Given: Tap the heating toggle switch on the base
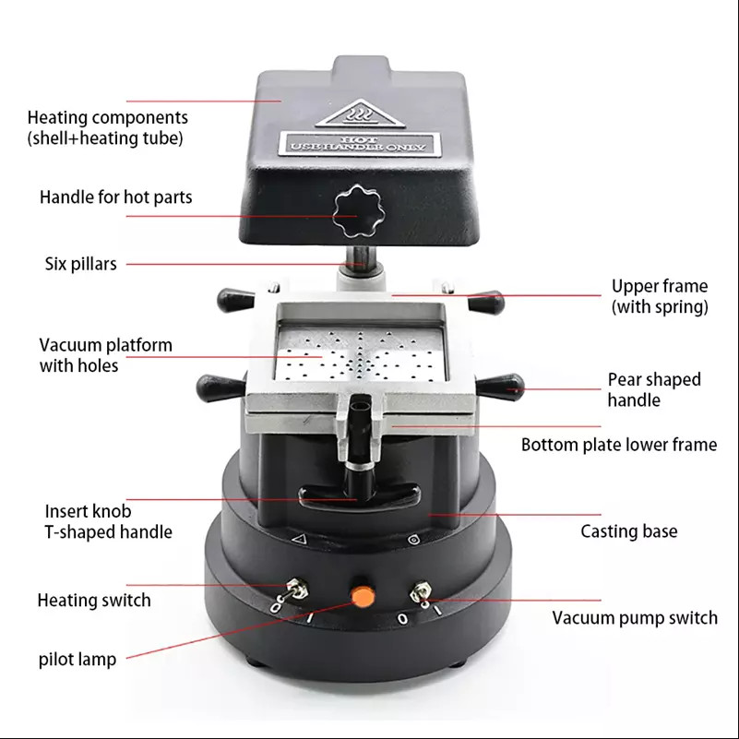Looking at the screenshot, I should (x=297, y=588).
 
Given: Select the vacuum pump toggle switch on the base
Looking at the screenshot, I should (x=423, y=591).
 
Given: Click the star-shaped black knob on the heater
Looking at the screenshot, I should (x=357, y=209).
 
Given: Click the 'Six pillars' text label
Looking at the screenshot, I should (x=81, y=264).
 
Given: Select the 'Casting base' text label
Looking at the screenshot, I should (x=628, y=531).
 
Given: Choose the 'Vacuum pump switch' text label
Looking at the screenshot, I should (x=635, y=618).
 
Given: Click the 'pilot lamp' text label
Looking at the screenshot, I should (x=77, y=660).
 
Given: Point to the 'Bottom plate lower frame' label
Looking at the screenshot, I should (x=618, y=445).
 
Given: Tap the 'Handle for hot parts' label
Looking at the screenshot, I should (x=115, y=197).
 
